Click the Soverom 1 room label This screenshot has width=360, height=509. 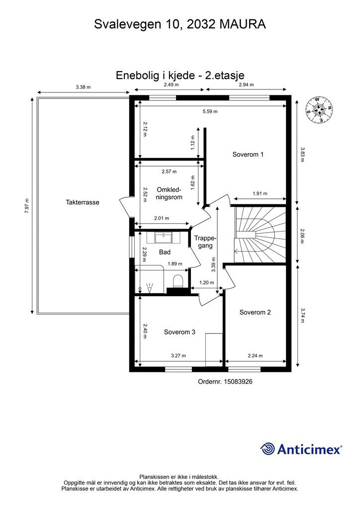click(x=248, y=155)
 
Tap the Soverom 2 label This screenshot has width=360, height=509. click(x=255, y=312)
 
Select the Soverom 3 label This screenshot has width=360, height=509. click(x=180, y=332)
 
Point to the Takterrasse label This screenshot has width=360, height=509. click(x=83, y=202)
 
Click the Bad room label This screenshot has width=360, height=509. click(x=165, y=252)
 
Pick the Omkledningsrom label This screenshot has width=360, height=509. click(x=169, y=193)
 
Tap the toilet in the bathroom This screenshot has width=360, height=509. click(x=178, y=281)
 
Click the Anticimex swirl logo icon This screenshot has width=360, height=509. click(x=268, y=449)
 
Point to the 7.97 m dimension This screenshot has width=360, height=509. click(x=27, y=205)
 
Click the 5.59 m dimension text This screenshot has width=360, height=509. click(x=210, y=111)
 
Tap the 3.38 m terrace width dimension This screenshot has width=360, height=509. click(x=83, y=87)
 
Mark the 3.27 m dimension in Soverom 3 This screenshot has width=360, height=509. click(x=178, y=355)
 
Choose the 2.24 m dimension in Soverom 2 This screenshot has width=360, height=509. click(x=255, y=355)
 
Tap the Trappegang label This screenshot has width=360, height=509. click(x=205, y=242)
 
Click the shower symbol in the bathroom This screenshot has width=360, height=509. click(x=149, y=287)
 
